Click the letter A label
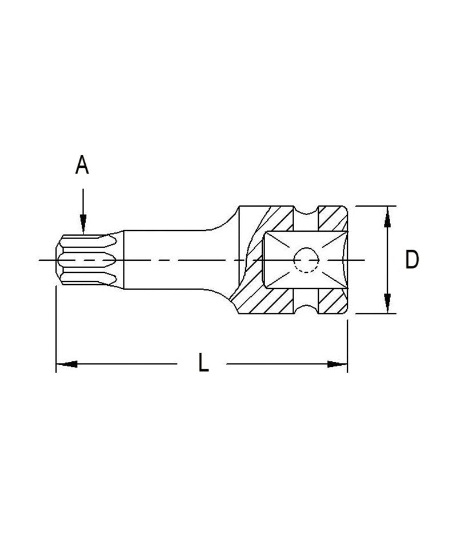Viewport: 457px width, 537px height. pos(82,165)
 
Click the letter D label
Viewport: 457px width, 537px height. pos(412,260)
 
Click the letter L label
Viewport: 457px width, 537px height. pos(203,363)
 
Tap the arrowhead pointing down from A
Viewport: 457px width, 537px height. pos(83,224)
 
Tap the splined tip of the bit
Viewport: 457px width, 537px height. pos(86,260)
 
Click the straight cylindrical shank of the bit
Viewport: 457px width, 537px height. pos(166,260)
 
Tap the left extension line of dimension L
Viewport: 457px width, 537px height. pos(55,331)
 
